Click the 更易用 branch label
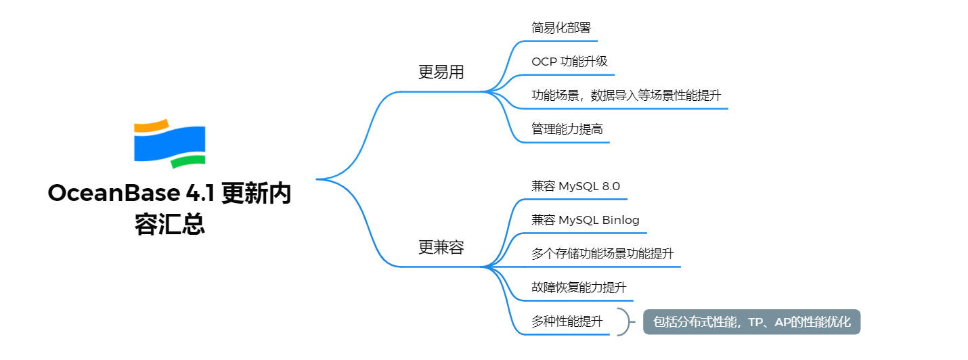coord(441,72)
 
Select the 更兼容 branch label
coord(441,248)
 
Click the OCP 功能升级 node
coord(569,62)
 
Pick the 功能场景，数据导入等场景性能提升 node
coord(626,95)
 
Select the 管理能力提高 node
coord(567,129)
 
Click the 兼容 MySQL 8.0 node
coord(575,186)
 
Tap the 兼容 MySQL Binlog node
coord(585,220)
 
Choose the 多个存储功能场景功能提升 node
coord(602,254)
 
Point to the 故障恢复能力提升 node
coord(579,288)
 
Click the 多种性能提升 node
coord(567,321)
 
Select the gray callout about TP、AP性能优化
coord(751,321)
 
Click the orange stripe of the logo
coord(150,126)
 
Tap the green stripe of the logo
coord(188,161)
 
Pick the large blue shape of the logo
coord(169,144)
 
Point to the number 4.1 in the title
coord(200,194)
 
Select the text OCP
coord(544,62)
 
